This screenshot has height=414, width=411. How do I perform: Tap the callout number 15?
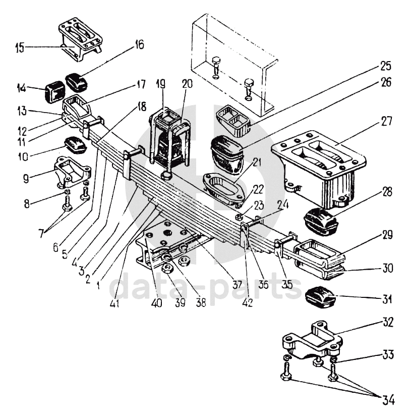(x=19, y=48)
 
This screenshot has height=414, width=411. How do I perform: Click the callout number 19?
(x=161, y=85)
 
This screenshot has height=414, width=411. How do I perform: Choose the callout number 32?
(x=388, y=321)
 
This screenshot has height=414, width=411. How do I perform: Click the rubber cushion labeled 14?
(x=54, y=92)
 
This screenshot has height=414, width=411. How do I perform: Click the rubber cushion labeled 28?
(x=320, y=221)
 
